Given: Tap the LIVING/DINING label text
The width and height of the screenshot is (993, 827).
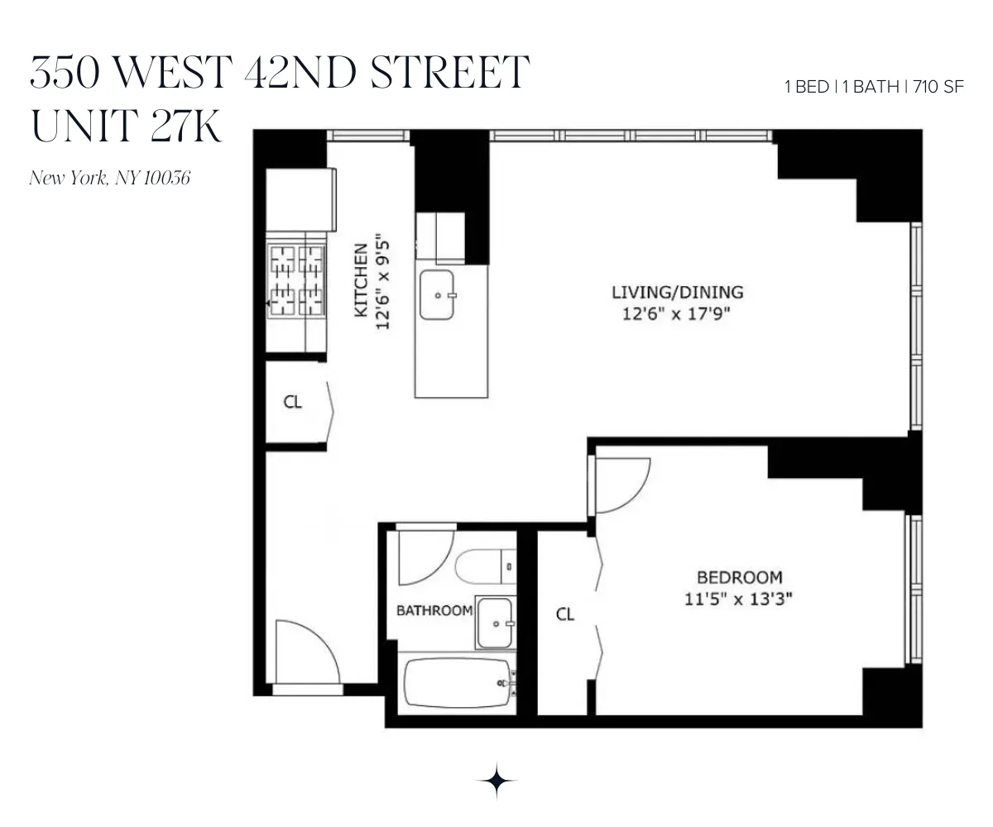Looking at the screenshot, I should tap(677, 292).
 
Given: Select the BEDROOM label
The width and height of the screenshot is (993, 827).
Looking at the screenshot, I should tap(739, 577).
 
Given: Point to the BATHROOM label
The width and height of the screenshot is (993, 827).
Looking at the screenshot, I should tap(434, 611).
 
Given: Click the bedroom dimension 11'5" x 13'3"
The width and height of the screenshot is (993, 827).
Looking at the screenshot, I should tap(739, 600).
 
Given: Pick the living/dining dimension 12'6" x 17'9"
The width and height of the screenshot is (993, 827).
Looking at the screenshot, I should tap(677, 314).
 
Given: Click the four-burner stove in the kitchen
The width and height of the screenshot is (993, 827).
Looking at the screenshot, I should tap(296, 280).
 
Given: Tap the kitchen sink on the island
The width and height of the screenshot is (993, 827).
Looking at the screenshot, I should tap(438, 294).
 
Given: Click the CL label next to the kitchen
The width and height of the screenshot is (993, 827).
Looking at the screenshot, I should tap(293, 403).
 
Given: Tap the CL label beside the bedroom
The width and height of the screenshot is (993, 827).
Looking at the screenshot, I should tap(565, 614).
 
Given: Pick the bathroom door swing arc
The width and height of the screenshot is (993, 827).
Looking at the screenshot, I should tap(425, 555).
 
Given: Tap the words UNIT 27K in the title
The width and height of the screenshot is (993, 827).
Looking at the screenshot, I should tap(127, 125).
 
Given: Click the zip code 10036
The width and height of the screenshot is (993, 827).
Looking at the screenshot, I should tap(168, 177).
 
